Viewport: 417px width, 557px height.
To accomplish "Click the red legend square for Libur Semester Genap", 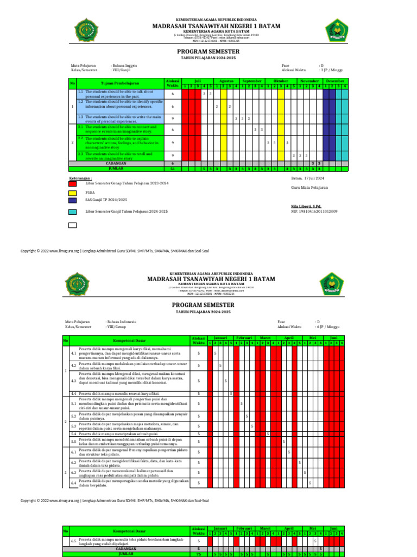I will (x=72, y=184).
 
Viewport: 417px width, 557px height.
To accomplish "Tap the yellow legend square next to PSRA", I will (x=72, y=193).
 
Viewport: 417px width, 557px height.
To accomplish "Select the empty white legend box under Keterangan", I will (x=72, y=225).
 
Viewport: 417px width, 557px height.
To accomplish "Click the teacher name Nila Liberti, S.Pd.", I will (x=306, y=206).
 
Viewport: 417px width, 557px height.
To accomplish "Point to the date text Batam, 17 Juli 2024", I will (x=307, y=178).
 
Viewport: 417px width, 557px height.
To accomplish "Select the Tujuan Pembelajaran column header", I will (x=120, y=83).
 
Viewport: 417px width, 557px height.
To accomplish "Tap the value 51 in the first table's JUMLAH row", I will (x=173, y=169).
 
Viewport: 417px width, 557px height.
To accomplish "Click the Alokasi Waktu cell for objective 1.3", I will (x=173, y=118).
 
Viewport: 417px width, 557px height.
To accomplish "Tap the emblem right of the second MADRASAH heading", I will (x=331, y=284).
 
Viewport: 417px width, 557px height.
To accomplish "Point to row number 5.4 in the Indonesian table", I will (x=73, y=434).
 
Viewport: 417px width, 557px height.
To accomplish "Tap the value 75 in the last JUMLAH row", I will (x=199, y=554).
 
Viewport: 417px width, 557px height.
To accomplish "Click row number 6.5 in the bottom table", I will (x=73, y=542).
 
